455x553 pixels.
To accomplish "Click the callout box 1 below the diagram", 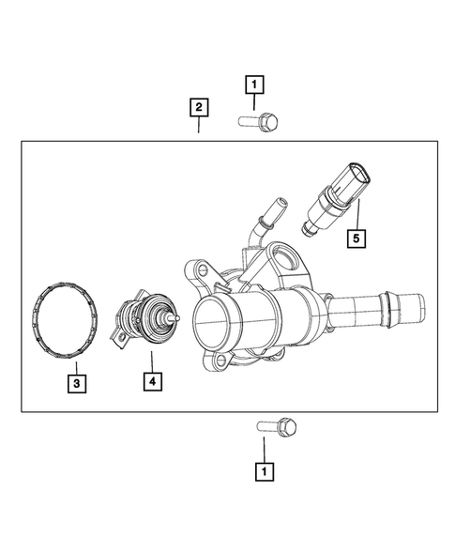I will click(x=265, y=469).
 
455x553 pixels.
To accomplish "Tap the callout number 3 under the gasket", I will click(x=78, y=382).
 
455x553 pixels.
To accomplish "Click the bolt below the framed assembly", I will click(x=277, y=426).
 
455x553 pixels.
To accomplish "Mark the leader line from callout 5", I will click(x=356, y=213).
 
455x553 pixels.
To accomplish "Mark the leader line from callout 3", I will click(x=78, y=366).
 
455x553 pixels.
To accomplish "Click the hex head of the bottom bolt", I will click(x=287, y=426).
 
